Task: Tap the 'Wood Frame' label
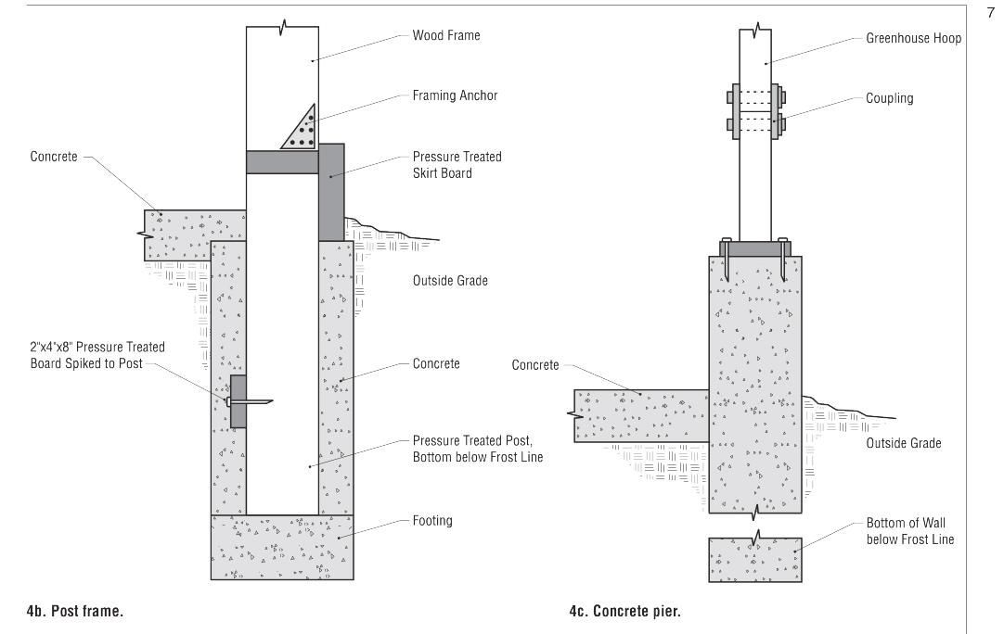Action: pos(446,36)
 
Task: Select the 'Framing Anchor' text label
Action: pos(455,95)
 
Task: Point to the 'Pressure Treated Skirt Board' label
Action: pos(457,165)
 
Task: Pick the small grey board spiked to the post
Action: pos(238,401)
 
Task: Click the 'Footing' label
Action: pos(432,521)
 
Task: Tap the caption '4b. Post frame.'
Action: pos(74,611)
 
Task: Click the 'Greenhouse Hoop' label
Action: pos(913,39)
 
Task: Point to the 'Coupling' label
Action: pos(889,98)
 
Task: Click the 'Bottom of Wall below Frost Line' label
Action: pos(909,531)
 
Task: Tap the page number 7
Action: pos(989,12)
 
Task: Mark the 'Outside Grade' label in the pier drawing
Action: pos(903,443)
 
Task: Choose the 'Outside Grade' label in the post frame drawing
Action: pos(450,281)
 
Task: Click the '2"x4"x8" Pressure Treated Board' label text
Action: pos(97,355)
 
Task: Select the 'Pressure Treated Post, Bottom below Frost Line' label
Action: pos(477,449)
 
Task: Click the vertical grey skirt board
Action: pos(331,199)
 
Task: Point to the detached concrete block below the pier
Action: pos(754,559)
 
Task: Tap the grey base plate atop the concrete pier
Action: pos(754,247)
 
